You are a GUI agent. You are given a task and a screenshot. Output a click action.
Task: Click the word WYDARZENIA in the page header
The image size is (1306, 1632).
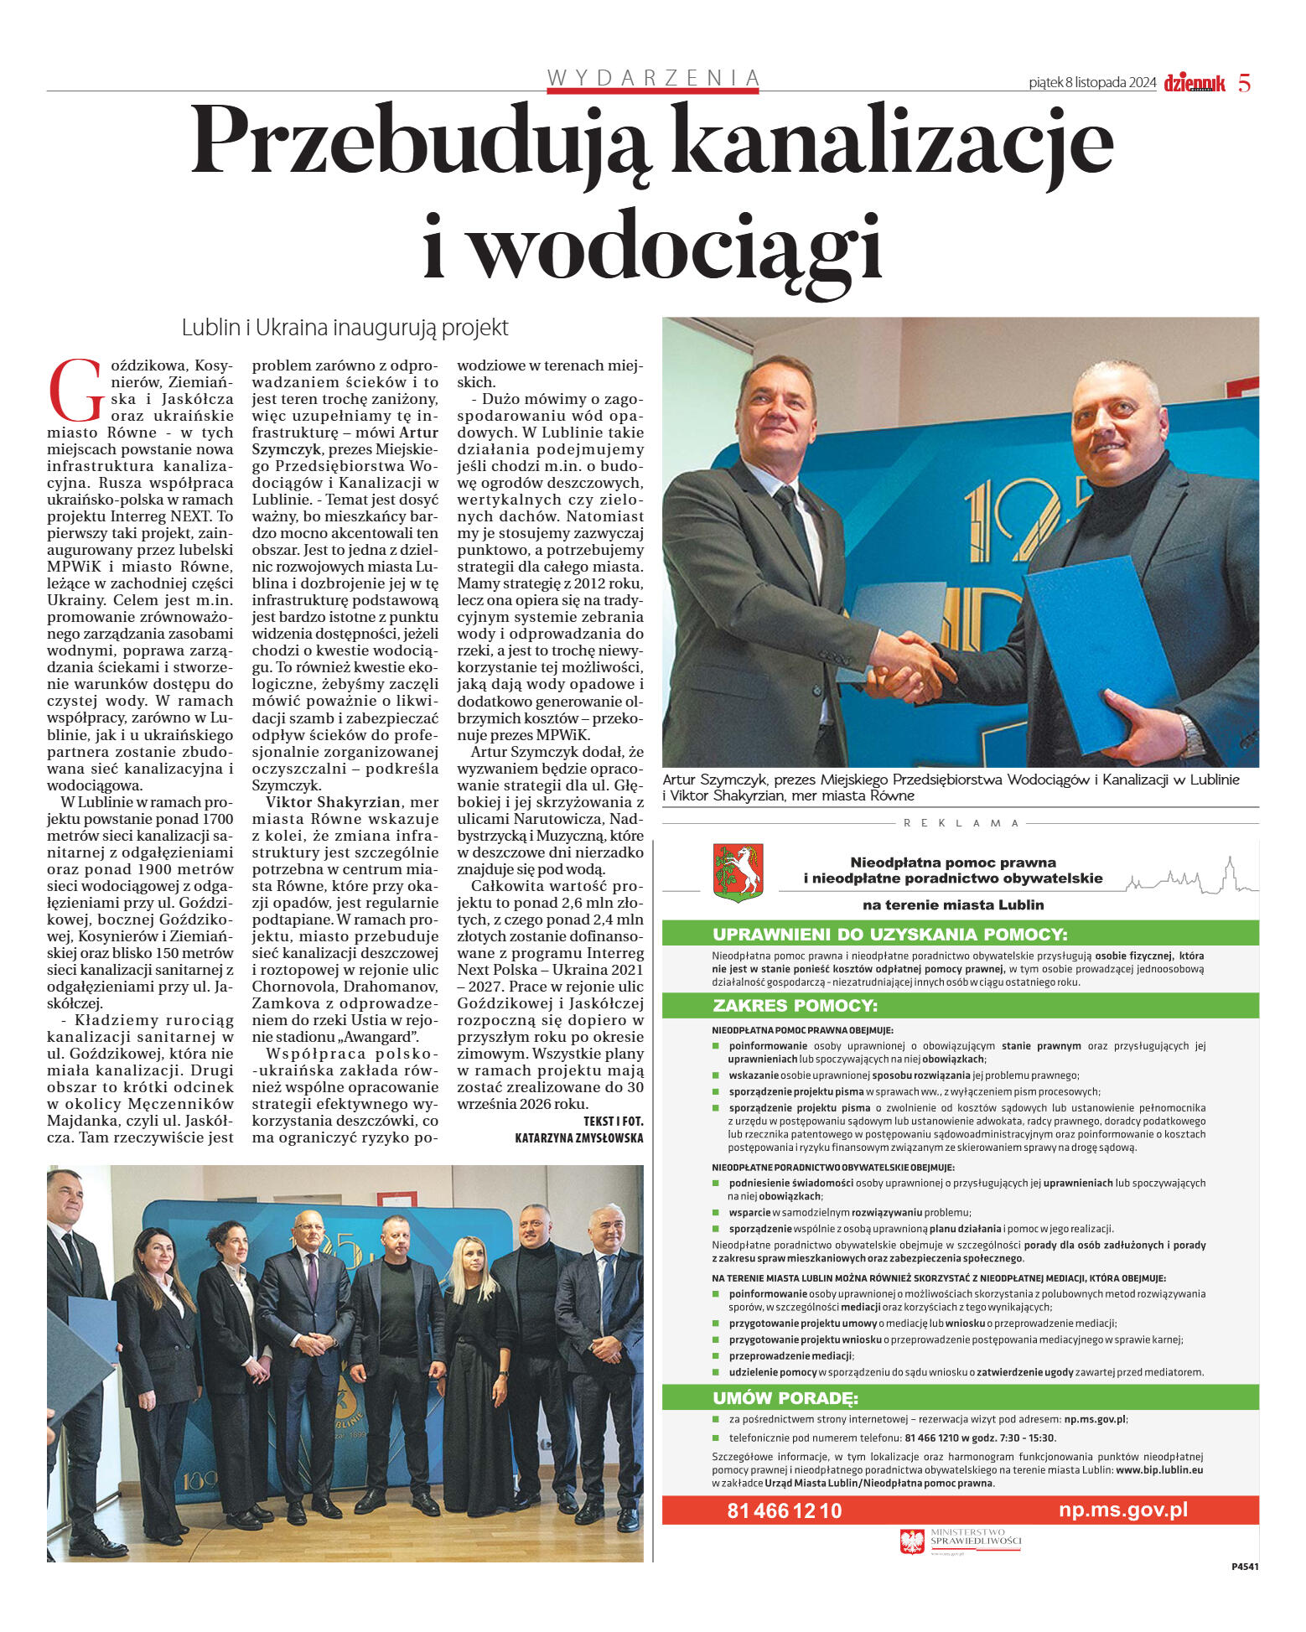point(653,78)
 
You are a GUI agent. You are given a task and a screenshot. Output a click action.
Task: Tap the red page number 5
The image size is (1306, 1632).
point(1244,83)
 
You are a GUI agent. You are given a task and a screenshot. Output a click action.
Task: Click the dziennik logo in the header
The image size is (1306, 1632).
point(1194,83)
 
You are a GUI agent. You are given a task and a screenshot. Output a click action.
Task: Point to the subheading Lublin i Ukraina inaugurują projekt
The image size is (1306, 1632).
point(345,328)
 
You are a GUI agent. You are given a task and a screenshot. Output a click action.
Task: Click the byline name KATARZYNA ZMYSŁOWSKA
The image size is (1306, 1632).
point(579,1137)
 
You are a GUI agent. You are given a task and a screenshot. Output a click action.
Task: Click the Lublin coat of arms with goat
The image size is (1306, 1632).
point(738,873)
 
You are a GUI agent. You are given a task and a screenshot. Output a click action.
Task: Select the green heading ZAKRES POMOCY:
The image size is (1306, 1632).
point(795,1005)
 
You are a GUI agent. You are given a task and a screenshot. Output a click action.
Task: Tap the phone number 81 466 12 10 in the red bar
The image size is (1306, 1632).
point(784,1510)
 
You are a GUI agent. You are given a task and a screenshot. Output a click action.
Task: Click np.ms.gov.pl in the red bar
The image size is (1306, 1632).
point(1122,1510)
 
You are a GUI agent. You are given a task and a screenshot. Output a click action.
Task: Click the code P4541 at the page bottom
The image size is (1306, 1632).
point(1244,1566)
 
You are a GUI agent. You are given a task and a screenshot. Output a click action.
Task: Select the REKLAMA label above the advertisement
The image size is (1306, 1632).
point(961,823)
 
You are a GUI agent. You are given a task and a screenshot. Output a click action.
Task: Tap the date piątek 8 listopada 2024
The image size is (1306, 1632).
point(1091,83)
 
